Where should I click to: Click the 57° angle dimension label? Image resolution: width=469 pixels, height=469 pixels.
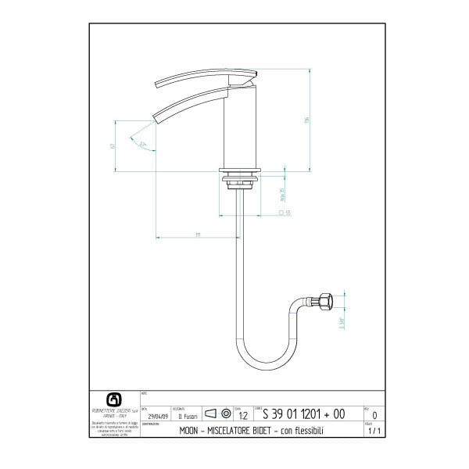click(x=142, y=144)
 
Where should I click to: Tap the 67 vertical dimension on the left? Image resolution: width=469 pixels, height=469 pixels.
click(x=113, y=145)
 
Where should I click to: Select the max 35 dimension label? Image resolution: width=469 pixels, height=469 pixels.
click(x=281, y=191)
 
